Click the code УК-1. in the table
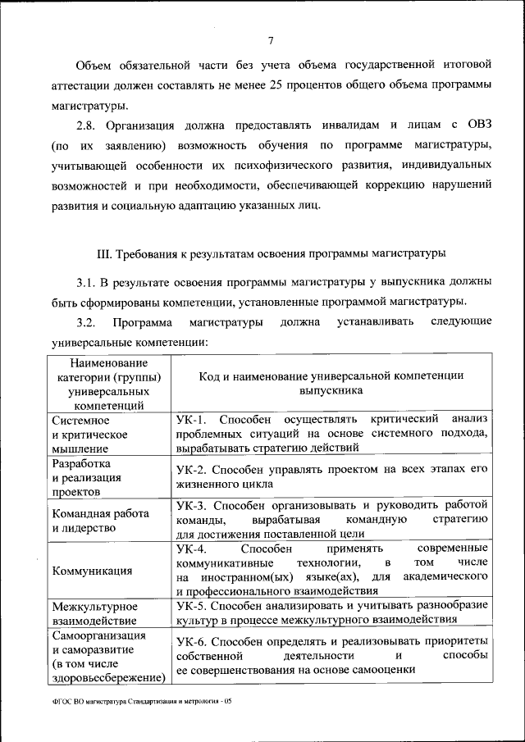coord(194,419)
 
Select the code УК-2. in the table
coord(194,470)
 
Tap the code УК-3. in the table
coord(194,504)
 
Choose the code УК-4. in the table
coord(194,547)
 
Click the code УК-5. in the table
coord(194,604)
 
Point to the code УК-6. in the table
coord(194,640)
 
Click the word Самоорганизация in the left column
coord(98,635)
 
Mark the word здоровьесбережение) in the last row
coord(108,678)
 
